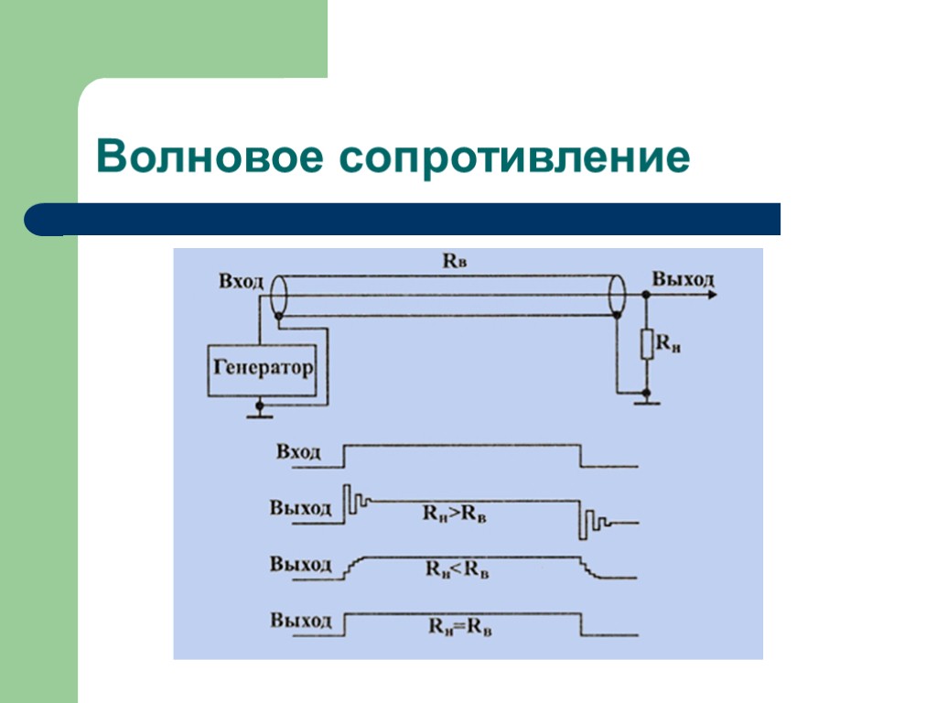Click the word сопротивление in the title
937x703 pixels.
pos(514,158)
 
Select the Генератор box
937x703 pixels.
pos(263,369)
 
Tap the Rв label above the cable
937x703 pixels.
pos(455,261)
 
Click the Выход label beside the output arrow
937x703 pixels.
pos(682,279)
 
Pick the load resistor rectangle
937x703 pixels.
pos(646,344)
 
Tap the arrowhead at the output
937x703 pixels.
pos(711,294)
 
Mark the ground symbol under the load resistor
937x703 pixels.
pos(646,399)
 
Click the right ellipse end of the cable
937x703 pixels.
pos(617,295)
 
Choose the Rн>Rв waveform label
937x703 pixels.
pos(454,514)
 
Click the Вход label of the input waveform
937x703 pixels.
pos(298,451)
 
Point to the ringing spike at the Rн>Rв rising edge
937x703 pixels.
pos(349,502)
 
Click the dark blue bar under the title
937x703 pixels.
pos(403,220)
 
